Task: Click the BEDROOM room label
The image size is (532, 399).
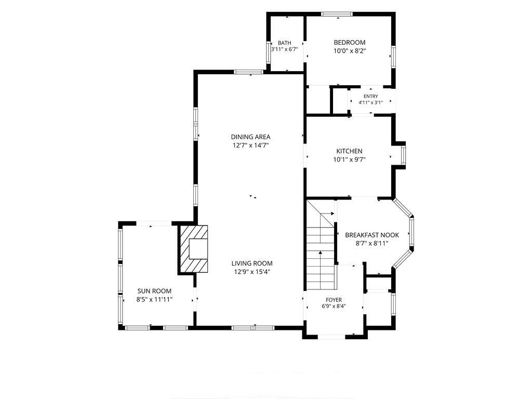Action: (x=350, y=43)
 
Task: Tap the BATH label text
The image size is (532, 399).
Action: (x=284, y=43)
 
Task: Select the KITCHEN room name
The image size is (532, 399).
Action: (x=349, y=151)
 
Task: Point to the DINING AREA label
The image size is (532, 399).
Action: (x=251, y=137)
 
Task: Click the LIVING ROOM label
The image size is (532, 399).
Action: (x=252, y=263)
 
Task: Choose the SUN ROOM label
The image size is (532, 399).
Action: (x=154, y=291)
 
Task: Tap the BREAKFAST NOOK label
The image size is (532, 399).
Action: (x=372, y=235)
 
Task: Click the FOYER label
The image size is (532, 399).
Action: (x=334, y=300)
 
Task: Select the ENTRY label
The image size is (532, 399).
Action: (x=370, y=96)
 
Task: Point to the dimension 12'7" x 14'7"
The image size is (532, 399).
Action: (x=251, y=145)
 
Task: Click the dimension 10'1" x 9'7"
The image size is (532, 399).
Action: (x=349, y=160)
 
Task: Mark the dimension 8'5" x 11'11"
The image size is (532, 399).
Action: (x=154, y=300)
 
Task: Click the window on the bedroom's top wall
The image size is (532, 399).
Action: (x=337, y=14)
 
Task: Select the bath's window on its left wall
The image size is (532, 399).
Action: (x=269, y=52)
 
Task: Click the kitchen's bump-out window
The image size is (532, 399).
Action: (x=403, y=155)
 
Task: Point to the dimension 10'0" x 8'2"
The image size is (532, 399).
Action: (x=350, y=51)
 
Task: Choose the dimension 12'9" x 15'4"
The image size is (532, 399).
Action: (x=252, y=272)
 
